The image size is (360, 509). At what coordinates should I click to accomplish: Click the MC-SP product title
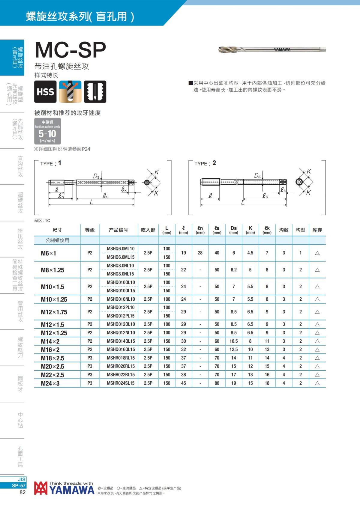click(x=70, y=50)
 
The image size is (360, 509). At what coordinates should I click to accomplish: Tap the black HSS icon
click(x=45, y=92)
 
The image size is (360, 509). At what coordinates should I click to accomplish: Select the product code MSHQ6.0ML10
click(x=121, y=249)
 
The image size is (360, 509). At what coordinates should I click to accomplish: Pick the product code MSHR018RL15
click(x=121, y=358)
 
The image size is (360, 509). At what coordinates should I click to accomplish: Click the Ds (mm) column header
click(x=234, y=230)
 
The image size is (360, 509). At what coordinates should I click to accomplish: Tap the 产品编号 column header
click(x=118, y=230)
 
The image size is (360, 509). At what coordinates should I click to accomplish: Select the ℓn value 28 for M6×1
click(x=200, y=253)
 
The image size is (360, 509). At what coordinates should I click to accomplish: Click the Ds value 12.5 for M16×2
click(x=234, y=350)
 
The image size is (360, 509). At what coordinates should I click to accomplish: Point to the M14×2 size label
click(x=50, y=341)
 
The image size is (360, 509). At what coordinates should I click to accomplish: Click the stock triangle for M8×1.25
click(x=317, y=270)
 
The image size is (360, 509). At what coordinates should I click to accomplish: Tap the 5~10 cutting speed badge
click(x=47, y=131)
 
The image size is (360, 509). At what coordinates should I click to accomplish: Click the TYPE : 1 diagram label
click(x=51, y=163)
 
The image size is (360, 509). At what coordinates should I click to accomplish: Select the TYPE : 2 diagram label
click(x=205, y=163)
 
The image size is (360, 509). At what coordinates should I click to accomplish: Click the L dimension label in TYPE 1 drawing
click(x=91, y=202)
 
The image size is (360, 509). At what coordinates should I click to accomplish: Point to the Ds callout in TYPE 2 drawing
click(x=257, y=176)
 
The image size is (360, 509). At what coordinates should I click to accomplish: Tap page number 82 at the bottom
click(x=22, y=493)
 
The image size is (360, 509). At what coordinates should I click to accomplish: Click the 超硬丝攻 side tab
click(x=20, y=203)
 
